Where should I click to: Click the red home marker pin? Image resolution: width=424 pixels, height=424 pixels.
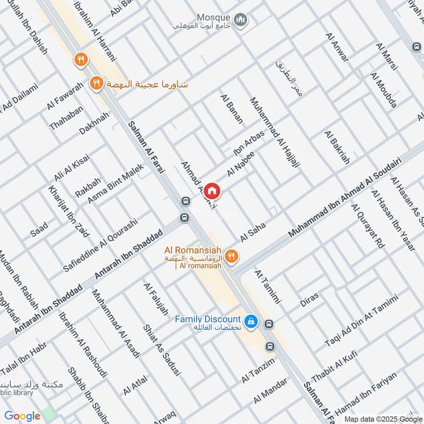tap(212, 190)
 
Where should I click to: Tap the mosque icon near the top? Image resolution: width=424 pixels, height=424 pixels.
tap(242, 20)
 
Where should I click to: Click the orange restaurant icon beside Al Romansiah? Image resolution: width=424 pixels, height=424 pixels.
tap(231, 257)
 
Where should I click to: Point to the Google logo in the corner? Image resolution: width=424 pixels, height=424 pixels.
tap(23, 416)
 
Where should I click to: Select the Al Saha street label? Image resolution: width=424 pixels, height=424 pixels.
tap(253, 232)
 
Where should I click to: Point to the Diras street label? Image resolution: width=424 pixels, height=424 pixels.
tap(310, 300)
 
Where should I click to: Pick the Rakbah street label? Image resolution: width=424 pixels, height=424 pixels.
tap(87, 187)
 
